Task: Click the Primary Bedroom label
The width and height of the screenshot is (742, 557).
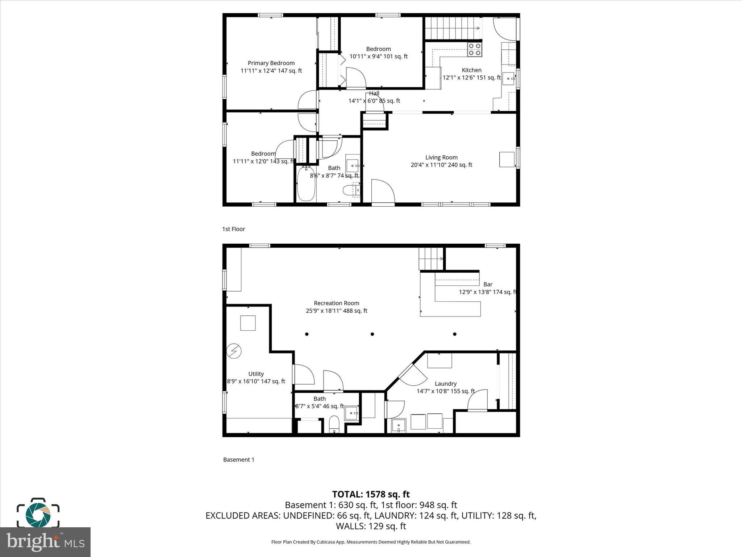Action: [271, 63]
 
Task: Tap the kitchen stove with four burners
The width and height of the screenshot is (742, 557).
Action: [474, 49]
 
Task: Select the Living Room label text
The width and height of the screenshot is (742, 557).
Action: [441, 157]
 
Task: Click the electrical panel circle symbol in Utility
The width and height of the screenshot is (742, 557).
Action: [234, 351]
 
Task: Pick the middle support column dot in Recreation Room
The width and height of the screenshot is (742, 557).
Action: [372, 334]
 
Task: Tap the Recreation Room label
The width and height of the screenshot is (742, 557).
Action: [336, 303]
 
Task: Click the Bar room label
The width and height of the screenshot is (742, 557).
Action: [488, 285]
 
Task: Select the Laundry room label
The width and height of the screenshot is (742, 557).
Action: [445, 384]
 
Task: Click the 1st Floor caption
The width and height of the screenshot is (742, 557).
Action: [233, 229]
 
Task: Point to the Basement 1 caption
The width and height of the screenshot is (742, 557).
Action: [238, 459]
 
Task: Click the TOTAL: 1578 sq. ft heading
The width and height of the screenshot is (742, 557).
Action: [371, 494]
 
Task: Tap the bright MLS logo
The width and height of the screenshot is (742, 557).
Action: [45, 542]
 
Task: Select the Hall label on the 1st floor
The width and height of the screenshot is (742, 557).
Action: [374, 93]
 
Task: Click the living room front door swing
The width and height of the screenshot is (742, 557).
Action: [383, 191]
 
